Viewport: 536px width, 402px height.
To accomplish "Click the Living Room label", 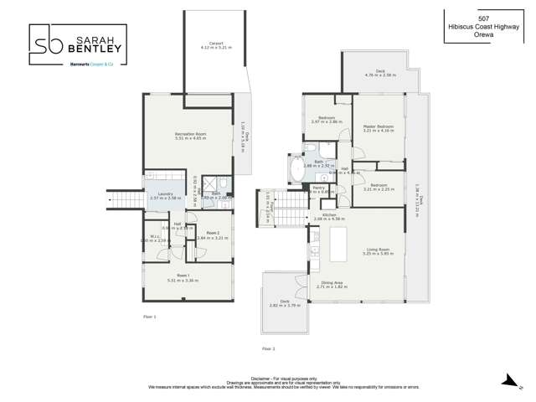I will (x=379, y=249).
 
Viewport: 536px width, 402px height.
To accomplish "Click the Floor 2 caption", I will (x=268, y=348).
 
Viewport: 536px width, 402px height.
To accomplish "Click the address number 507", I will (x=483, y=18).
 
